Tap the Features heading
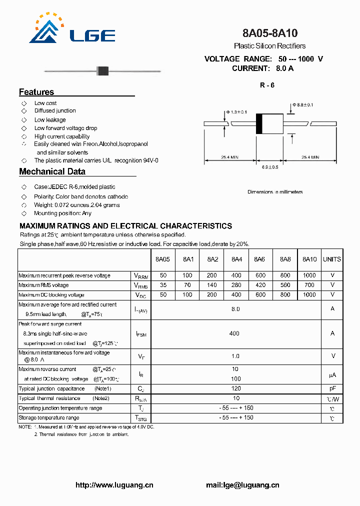tap(36, 92)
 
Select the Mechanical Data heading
tap(52, 171)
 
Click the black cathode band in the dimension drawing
tap(259, 123)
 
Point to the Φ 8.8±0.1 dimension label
tap(303, 105)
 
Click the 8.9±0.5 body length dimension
tap(270, 166)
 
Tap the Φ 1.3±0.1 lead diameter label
tap(236, 111)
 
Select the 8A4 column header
tap(236, 259)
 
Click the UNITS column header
tap(332, 259)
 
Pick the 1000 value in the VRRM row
tap(309, 275)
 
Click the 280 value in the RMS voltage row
tap(236, 285)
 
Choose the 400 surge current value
tap(234, 333)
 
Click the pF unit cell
tap(332, 388)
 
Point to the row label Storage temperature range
tap(49, 417)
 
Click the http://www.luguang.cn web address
tap(114, 485)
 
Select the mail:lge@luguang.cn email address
tap(242, 485)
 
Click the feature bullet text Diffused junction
tap(55, 111)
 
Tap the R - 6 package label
tap(267, 85)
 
